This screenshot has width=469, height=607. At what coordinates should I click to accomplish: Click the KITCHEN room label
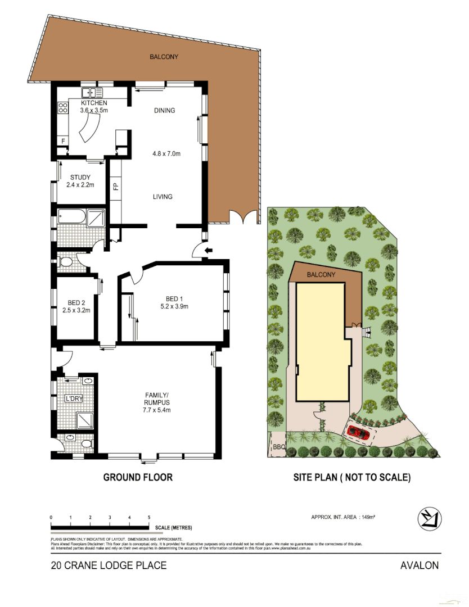(x=94, y=103)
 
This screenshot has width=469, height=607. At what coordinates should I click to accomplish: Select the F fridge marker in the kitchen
(x=63, y=141)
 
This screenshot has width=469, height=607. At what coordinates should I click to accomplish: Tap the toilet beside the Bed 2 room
(x=65, y=262)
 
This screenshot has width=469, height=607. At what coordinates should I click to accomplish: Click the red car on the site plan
(x=357, y=433)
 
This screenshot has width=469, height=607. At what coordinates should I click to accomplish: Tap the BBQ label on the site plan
(x=279, y=447)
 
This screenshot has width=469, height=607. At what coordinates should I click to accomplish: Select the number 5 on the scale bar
(x=149, y=517)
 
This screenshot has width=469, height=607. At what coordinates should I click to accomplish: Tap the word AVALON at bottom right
(x=419, y=565)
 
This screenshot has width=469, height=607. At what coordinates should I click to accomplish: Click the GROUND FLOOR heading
(x=138, y=477)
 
